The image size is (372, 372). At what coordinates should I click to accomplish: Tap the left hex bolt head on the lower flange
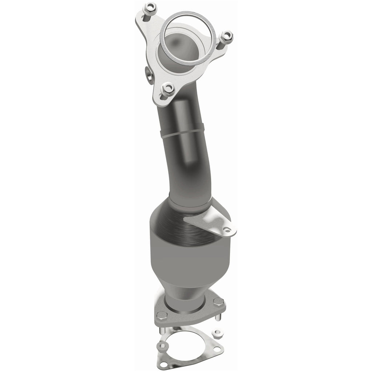[162, 315]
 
